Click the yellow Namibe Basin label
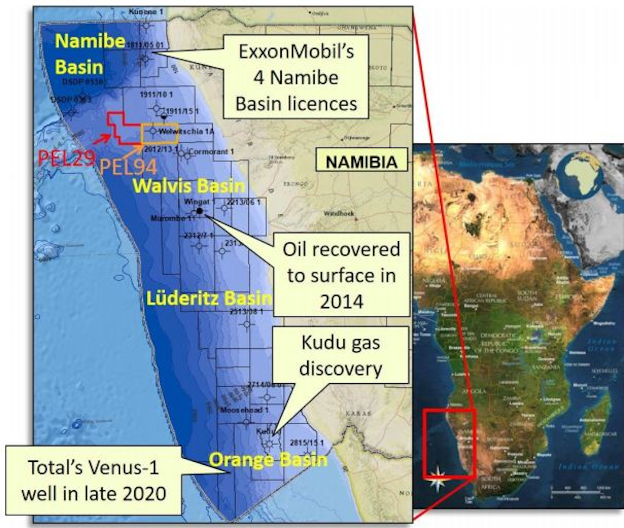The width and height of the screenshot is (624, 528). [90, 54]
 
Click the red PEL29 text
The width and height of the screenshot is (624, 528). [66, 157]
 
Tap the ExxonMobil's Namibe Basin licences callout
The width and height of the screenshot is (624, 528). [296, 78]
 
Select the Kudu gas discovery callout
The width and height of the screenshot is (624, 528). [341, 355]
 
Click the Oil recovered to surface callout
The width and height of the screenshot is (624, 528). [341, 275]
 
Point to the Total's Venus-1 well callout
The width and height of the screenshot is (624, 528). [93, 480]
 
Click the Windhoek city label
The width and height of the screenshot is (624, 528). [339, 214]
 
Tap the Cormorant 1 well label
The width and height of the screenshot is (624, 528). [211, 152]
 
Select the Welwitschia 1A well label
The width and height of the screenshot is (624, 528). [186, 131]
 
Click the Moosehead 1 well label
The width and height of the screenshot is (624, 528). [244, 409]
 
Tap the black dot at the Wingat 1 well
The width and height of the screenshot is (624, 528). [199, 211]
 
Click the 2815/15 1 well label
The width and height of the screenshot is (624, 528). [307, 442]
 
